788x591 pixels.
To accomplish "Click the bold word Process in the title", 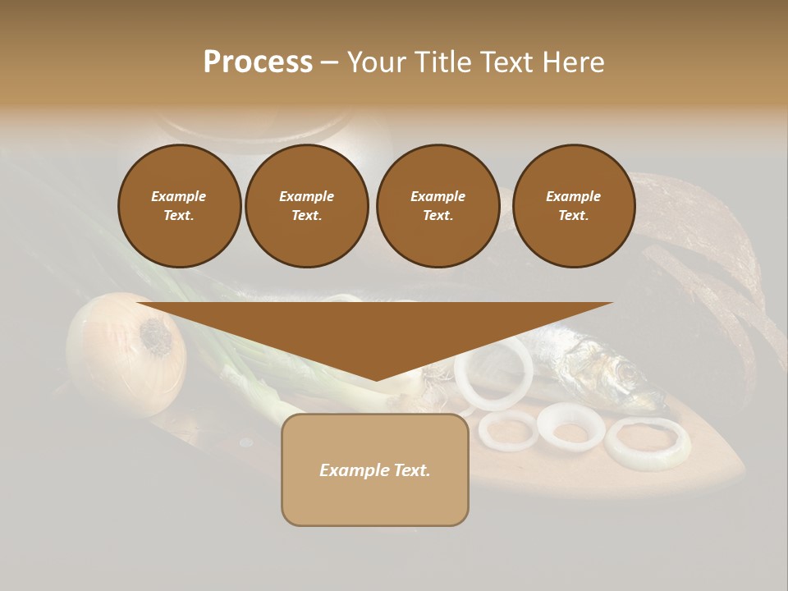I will tap(258, 62).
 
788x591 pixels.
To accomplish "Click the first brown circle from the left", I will tap(179, 206).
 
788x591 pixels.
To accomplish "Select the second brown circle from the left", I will tap(307, 206).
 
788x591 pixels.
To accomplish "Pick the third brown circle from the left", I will tap(438, 206).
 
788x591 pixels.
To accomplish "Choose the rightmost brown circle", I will tap(573, 206).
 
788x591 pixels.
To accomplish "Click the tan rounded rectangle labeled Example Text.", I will tap(375, 470).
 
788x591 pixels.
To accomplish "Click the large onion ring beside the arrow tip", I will tap(494, 373).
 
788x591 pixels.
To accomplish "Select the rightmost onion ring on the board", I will tap(648, 443).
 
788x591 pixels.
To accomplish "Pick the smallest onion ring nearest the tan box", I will tap(508, 430).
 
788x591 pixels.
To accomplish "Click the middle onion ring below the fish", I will tap(570, 425).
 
